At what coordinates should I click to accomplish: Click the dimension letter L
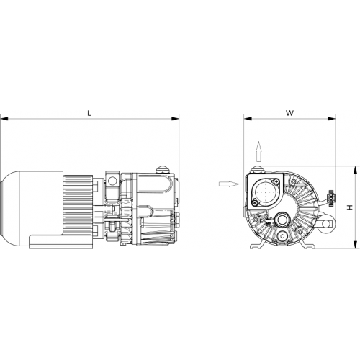[x=89, y=113]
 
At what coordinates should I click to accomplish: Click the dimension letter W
[x=289, y=113]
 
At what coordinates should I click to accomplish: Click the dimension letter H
[x=351, y=207]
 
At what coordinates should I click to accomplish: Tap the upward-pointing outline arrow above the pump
[x=258, y=151]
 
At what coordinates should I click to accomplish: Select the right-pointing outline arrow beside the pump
[x=229, y=184]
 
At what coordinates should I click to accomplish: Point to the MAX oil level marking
[x=269, y=219]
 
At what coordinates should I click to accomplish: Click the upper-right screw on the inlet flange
[x=277, y=182]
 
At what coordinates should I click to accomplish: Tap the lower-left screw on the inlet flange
[x=255, y=203]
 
